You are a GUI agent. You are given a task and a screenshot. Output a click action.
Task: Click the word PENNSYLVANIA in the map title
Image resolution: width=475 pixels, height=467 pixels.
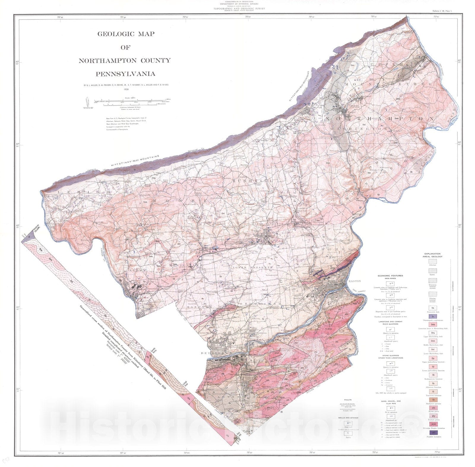click(125, 74)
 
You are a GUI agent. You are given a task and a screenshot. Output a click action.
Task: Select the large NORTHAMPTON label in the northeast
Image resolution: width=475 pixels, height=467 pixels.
click(380, 118)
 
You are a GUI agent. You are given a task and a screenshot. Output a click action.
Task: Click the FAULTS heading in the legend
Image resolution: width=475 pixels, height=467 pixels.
click(347, 400)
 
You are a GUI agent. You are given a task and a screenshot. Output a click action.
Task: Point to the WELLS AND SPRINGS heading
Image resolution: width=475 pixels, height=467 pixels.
click(347, 417)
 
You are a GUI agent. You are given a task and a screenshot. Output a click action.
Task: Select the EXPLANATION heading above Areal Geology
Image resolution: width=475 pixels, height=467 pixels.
click(432, 254)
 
